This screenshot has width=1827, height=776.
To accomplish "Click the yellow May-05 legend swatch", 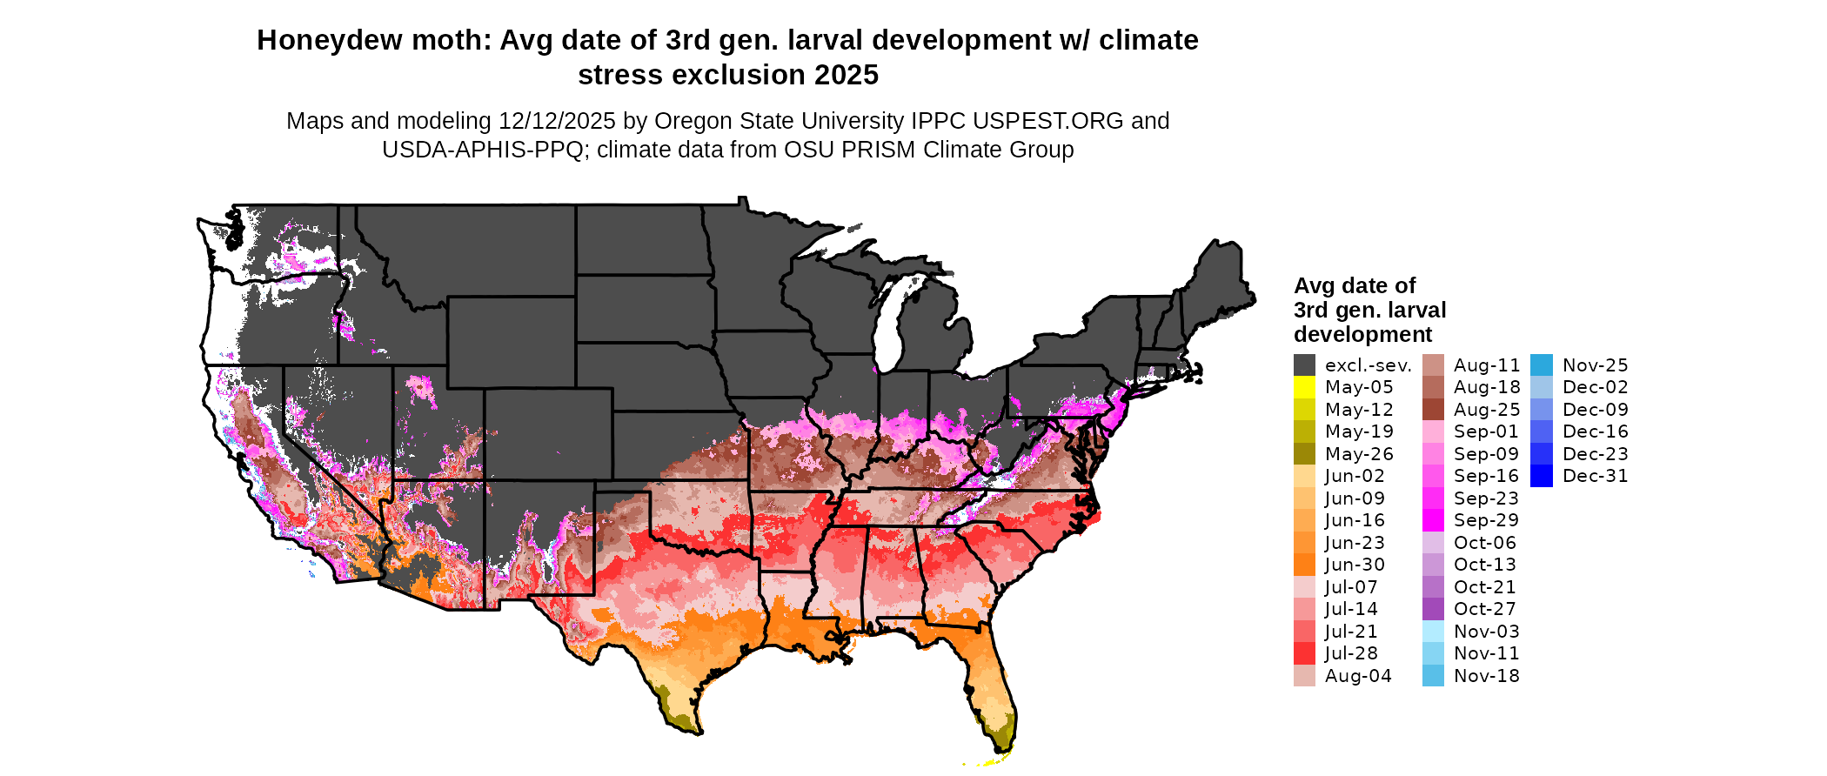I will (1304, 387).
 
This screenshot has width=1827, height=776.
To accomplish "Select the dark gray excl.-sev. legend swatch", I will (1304, 365).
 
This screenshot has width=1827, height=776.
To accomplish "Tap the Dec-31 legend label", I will (1595, 476).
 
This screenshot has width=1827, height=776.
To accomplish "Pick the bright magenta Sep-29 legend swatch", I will (1433, 520).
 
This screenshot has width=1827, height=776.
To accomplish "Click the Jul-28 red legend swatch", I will (1304, 653).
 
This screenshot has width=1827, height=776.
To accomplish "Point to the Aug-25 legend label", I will (1487, 410).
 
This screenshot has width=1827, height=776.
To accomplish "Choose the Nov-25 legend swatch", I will (1541, 365).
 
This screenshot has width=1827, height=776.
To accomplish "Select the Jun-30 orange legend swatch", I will (1304, 565).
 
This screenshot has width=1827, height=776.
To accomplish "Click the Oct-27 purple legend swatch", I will (1433, 609).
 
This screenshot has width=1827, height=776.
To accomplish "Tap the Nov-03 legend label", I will (1487, 632).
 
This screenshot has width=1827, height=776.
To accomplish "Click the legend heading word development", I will (1362, 335).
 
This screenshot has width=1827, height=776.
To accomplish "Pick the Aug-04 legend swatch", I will (1304, 676).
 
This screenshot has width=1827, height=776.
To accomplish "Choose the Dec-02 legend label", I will (1595, 387).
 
